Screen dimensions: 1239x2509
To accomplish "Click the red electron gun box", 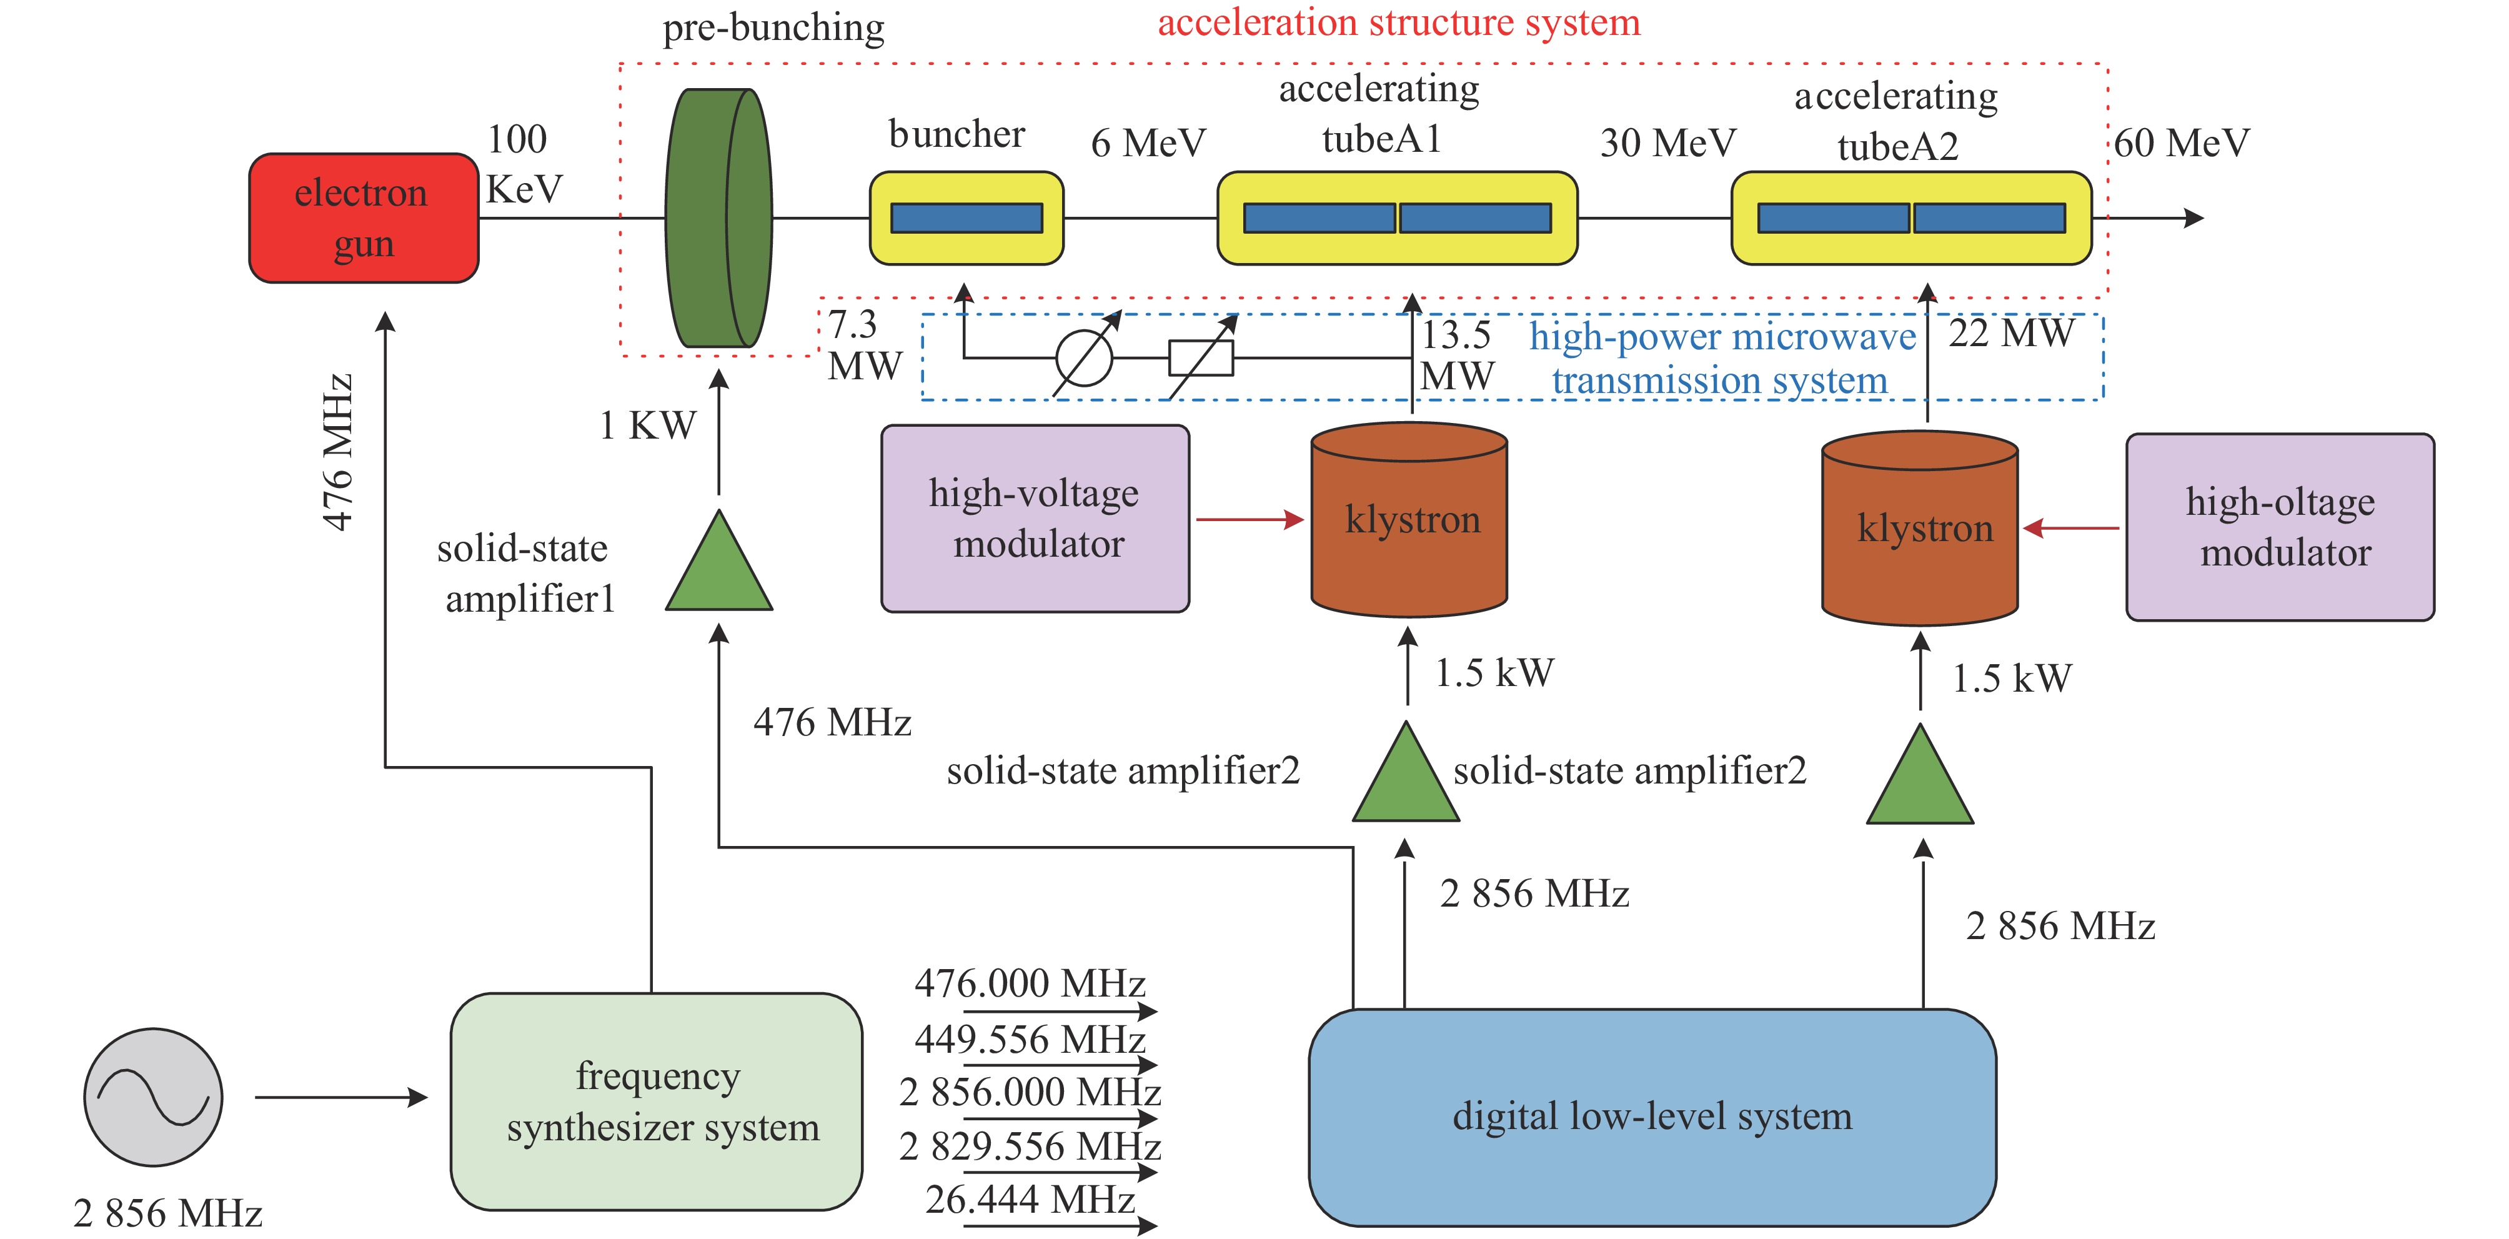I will coord(364,218).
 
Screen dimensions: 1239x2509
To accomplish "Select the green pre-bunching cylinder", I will coord(718,218).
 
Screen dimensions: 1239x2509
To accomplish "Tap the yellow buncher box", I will coord(966,218).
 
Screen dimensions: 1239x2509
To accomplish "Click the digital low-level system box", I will coord(1652,1117).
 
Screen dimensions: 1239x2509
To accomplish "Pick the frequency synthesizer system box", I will coord(657,1102).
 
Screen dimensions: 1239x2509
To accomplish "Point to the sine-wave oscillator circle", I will coord(153,1097).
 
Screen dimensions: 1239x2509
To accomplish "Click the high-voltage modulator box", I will coord(1035,518).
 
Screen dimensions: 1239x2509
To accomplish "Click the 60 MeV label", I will coord(2181,143).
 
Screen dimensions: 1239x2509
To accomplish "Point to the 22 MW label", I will coord(2010,333).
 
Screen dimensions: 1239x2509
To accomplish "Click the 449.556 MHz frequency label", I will coord(1030,1039).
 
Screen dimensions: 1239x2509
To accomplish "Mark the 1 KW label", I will coord(648,425).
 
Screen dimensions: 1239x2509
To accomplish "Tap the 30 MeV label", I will coord(1667,143).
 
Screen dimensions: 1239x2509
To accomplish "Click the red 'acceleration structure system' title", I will coord(1399,22).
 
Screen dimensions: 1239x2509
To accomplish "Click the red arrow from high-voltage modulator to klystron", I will coord(1250,520).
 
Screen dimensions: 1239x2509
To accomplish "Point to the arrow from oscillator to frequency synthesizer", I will coord(341,1098).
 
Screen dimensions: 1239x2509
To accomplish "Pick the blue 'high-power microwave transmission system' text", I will coord(1720,357).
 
